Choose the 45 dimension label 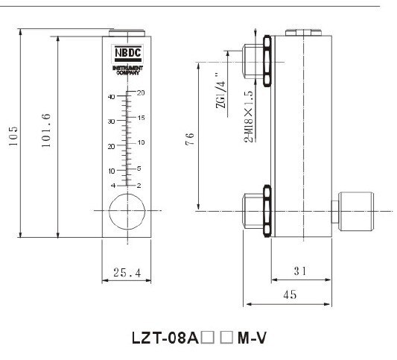[x=290, y=294]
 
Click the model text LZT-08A [x=160, y=337]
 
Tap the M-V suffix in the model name [x=250, y=337]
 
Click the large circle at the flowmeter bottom [x=124, y=211]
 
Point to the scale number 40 [x=111, y=97]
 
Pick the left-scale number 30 [x=111, y=121]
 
